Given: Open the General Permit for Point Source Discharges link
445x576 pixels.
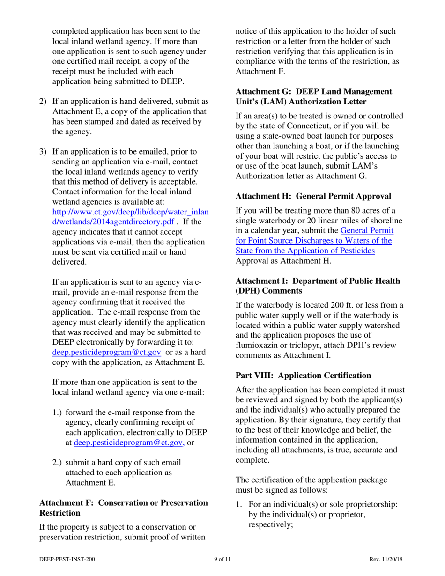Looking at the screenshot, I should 314,241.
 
